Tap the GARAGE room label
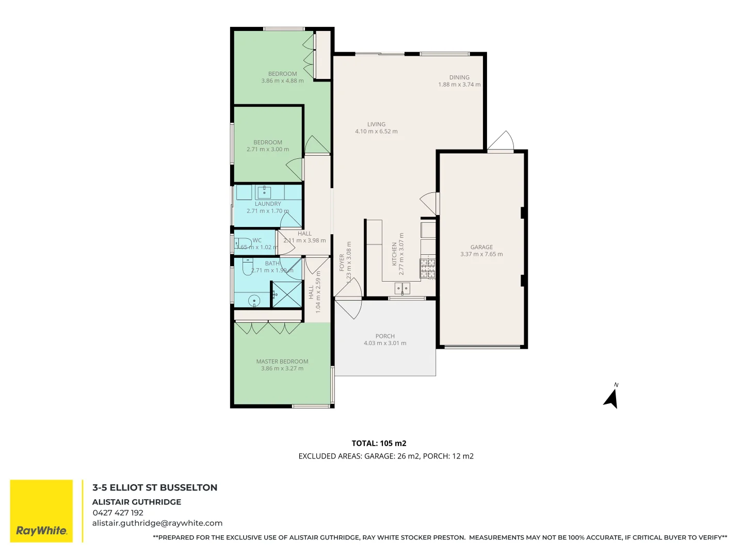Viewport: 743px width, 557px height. point(481,247)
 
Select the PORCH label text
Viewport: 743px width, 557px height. point(385,336)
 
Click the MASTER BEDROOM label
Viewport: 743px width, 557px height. point(282,362)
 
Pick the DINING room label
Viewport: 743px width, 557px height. point(459,77)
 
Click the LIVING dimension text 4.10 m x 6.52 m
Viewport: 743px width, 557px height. point(376,132)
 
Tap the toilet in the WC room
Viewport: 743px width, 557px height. point(243,243)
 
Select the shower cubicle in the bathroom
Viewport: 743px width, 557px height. point(286,294)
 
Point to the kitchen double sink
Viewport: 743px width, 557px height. point(402,288)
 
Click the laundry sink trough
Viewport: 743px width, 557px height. point(264,192)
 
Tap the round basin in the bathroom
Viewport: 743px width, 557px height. point(254,300)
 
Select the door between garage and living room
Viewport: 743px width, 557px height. point(429,203)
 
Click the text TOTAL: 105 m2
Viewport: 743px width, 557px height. point(379,443)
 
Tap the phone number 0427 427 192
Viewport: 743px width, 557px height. point(118,513)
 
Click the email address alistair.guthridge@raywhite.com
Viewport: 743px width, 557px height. point(157,523)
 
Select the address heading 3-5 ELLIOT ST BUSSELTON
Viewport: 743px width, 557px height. point(155,487)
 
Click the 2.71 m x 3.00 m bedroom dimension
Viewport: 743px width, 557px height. point(268,150)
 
